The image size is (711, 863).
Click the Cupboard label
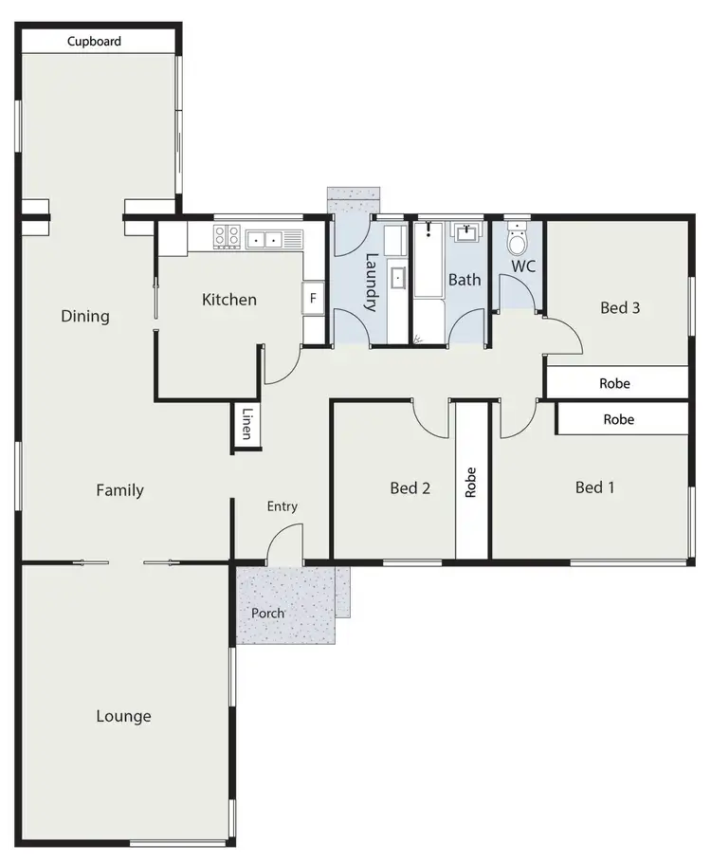pos(94,42)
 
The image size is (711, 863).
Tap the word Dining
pos(85,316)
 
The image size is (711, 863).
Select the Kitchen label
pos(229,300)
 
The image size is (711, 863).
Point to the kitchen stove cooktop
pos(228,238)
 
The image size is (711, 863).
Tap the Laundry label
pos(372,283)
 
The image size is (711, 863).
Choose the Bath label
pos(465,280)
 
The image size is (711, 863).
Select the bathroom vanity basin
pos(466,233)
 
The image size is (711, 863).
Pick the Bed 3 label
pos(621,307)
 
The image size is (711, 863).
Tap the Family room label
pos(120,490)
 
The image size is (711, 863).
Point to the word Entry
pos(283,506)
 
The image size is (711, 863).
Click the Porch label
pos(268,614)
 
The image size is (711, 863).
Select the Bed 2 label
pos(410,488)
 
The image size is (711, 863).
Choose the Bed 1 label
pos(595,487)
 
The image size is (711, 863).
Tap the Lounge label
pos(123,716)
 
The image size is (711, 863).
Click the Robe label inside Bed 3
pos(614,384)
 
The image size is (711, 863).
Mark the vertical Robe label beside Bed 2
pos(470,482)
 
